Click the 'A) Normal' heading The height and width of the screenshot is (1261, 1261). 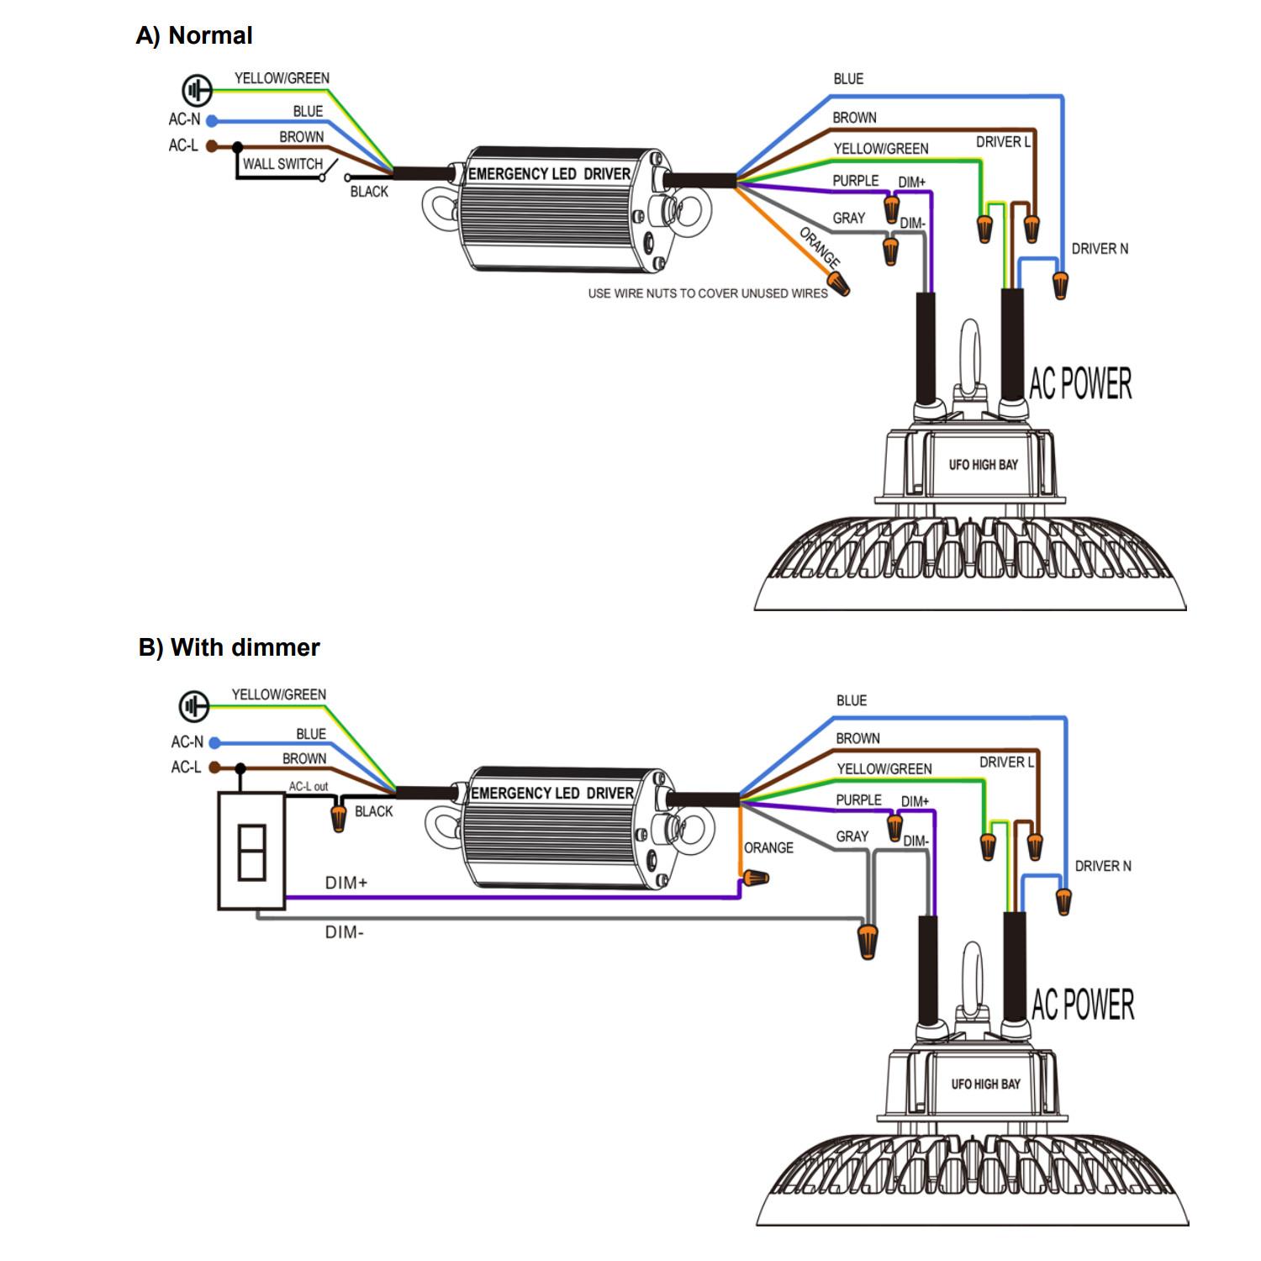[x=194, y=35]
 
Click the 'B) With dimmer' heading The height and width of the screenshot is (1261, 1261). [x=229, y=647]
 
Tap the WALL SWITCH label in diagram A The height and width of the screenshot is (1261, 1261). [x=282, y=164]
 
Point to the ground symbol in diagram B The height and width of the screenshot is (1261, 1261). [x=194, y=706]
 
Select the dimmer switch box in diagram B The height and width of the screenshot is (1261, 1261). [x=251, y=851]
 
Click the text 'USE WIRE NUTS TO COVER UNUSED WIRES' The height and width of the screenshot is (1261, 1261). [x=707, y=293]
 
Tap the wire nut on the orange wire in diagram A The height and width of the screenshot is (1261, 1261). [x=840, y=285]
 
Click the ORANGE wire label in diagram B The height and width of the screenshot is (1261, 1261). [x=768, y=847]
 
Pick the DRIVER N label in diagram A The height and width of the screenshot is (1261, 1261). [x=1100, y=249]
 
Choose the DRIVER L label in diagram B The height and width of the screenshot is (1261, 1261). [x=1005, y=762]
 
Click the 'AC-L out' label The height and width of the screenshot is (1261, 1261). [x=309, y=786]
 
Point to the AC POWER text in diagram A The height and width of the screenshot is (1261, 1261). [x=1080, y=383]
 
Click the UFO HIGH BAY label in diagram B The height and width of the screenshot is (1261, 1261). [x=985, y=1084]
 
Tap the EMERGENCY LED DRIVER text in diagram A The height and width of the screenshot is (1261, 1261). [x=549, y=174]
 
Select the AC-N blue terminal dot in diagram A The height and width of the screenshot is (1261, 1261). [x=212, y=121]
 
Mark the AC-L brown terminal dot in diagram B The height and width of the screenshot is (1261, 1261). [x=214, y=768]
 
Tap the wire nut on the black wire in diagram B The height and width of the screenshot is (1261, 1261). [x=339, y=816]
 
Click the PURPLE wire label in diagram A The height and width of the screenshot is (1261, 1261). [x=855, y=181]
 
